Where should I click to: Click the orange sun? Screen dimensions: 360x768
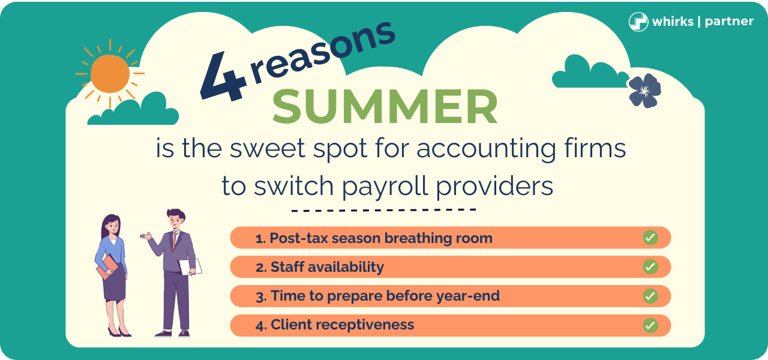(110, 74)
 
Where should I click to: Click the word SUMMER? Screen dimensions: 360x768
(385, 106)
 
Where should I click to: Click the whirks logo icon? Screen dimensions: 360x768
(638, 22)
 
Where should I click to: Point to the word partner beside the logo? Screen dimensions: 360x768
(729, 22)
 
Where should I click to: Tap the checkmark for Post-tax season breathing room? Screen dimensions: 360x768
(650, 238)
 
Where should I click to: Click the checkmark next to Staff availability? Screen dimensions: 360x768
(650, 267)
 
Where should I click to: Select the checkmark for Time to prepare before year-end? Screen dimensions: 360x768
(650, 296)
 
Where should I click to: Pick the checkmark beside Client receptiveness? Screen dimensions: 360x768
(650, 325)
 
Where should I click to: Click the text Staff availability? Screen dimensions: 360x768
(327, 267)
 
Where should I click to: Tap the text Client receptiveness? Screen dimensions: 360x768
(342, 325)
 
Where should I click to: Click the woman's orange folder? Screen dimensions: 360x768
(107, 267)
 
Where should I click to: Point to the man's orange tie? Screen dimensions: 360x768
(175, 241)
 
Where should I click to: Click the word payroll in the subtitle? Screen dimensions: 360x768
(376, 186)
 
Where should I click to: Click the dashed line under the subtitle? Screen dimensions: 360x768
(383, 211)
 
